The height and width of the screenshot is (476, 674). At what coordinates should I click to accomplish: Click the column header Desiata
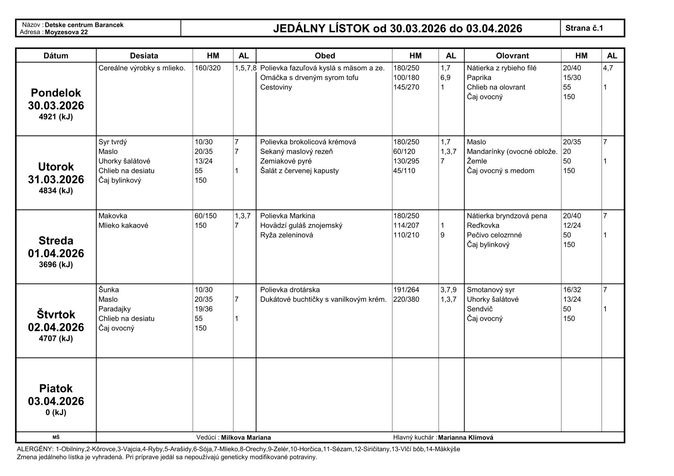(x=144, y=56)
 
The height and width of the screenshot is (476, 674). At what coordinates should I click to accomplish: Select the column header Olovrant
(x=512, y=56)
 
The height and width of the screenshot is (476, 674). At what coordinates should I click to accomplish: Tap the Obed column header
(x=324, y=56)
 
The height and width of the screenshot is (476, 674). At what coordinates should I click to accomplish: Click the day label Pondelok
(x=56, y=93)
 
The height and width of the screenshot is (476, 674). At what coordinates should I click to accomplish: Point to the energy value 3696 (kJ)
(x=56, y=264)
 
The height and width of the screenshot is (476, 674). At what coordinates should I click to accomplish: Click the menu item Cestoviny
(x=276, y=87)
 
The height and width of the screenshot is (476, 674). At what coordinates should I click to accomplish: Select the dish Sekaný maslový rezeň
(x=296, y=152)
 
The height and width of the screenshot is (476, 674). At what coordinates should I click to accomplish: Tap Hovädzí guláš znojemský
(x=301, y=226)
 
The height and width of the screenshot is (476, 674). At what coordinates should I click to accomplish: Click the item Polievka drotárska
(x=290, y=290)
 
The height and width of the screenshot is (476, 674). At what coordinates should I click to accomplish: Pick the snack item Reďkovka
(x=483, y=226)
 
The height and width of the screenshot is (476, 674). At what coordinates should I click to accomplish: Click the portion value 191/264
(x=406, y=290)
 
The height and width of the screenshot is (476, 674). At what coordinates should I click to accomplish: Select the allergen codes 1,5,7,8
(x=245, y=68)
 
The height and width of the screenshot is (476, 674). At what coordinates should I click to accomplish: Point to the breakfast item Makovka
(x=113, y=216)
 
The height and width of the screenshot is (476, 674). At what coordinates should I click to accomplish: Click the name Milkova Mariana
(x=246, y=438)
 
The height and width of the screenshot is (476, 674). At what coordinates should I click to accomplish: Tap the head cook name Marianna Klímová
(x=465, y=438)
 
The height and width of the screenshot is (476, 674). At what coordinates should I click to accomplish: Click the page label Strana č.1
(x=584, y=28)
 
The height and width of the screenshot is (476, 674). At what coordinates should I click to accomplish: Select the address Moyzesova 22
(x=66, y=32)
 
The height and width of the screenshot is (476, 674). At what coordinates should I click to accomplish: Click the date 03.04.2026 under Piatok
(x=56, y=401)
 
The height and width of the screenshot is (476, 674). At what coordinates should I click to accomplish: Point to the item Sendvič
(x=480, y=309)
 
